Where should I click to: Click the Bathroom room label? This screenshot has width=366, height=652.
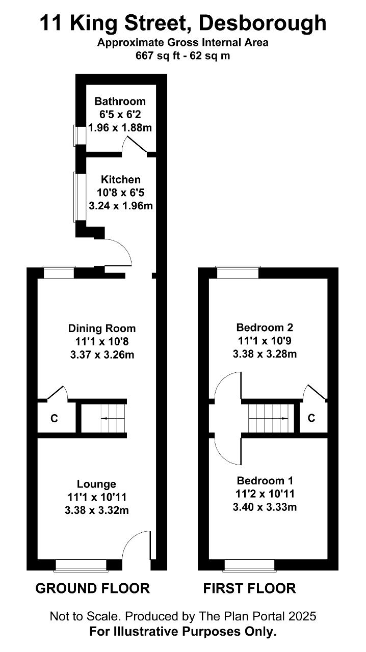tap(120, 101)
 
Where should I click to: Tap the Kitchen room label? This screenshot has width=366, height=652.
tap(121, 179)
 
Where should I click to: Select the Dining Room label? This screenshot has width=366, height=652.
tap(102, 329)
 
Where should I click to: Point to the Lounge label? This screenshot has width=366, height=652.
tap(96, 484)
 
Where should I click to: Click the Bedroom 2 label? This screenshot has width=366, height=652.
tap(265, 328)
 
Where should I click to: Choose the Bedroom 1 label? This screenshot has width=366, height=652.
tap(265, 480)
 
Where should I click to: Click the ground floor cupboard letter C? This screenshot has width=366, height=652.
tap(54, 419)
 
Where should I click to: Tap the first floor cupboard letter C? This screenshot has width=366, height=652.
tap(311, 418)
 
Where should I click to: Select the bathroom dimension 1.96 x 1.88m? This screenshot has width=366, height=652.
tap(120, 128)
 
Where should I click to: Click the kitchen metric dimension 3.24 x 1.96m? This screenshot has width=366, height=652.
tap(121, 206)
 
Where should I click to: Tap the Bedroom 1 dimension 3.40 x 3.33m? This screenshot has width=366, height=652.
tap(265, 507)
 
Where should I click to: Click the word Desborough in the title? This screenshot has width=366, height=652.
tap(262, 24)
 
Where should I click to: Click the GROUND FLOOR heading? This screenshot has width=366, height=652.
tap(93, 588)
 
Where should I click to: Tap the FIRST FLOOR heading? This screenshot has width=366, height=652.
tap(249, 588)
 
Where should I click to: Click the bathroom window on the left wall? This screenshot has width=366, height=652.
tap(80, 135)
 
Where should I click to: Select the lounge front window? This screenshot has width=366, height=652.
tap(81, 565)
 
